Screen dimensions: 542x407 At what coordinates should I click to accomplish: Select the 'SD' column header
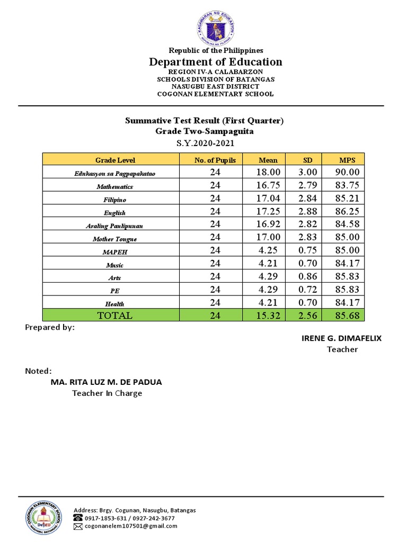pos(308,160)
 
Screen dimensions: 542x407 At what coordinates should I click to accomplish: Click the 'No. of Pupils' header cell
pos(215,160)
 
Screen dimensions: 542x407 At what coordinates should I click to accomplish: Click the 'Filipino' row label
pos(115,200)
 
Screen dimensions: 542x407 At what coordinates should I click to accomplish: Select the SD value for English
pos(308,211)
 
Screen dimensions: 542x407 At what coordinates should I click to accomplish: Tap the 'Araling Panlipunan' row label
pos(115,225)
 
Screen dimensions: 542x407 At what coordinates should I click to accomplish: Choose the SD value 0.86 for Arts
pos(308,276)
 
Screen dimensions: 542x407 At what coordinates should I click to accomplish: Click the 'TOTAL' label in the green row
pos(115,315)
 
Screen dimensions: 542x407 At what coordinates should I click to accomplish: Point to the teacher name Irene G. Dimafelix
pos(341,338)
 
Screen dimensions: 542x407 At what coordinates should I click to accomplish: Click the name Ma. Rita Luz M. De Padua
pos(106,382)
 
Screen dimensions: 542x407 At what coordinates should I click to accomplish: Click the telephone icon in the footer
pos(78,518)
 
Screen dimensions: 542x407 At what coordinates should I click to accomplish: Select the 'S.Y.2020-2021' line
pos(204,143)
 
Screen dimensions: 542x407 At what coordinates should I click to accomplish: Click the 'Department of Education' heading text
pos(216,62)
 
